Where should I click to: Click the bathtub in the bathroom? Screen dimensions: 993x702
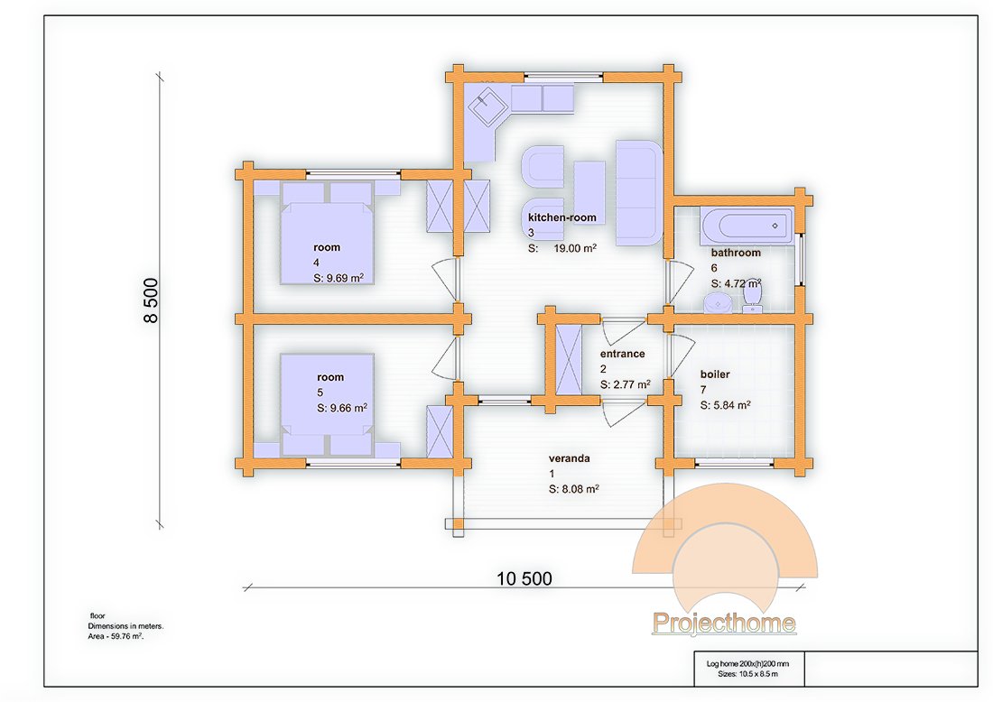coord(747,226)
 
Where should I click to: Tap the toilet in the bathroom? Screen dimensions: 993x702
coord(752,296)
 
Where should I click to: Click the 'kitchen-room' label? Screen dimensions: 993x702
coord(562,217)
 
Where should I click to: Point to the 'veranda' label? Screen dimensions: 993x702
coord(570,458)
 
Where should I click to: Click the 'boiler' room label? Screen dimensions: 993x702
coord(715,374)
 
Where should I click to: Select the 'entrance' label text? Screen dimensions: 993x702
coord(623,354)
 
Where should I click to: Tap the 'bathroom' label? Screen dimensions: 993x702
coord(736,253)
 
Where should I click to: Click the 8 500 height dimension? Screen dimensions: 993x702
coord(151,300)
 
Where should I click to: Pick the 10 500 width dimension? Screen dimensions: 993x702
coord(524,577)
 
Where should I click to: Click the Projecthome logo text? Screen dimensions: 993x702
coord(724,623)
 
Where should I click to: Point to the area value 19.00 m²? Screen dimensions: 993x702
coord(575,248)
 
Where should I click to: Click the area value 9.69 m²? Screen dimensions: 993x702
coord(345,278)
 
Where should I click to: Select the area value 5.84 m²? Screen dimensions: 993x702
coord(731,405)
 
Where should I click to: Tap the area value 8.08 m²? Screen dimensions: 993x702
coord(580,489)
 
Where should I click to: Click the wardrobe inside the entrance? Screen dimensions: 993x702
coord(568,359)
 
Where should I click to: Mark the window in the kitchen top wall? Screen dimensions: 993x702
coord(563,78)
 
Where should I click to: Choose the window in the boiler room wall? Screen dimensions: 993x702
coord(735,464)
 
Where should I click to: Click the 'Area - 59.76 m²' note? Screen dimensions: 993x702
coord(116,636)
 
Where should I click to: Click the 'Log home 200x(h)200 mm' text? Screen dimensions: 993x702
coord(748,663)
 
